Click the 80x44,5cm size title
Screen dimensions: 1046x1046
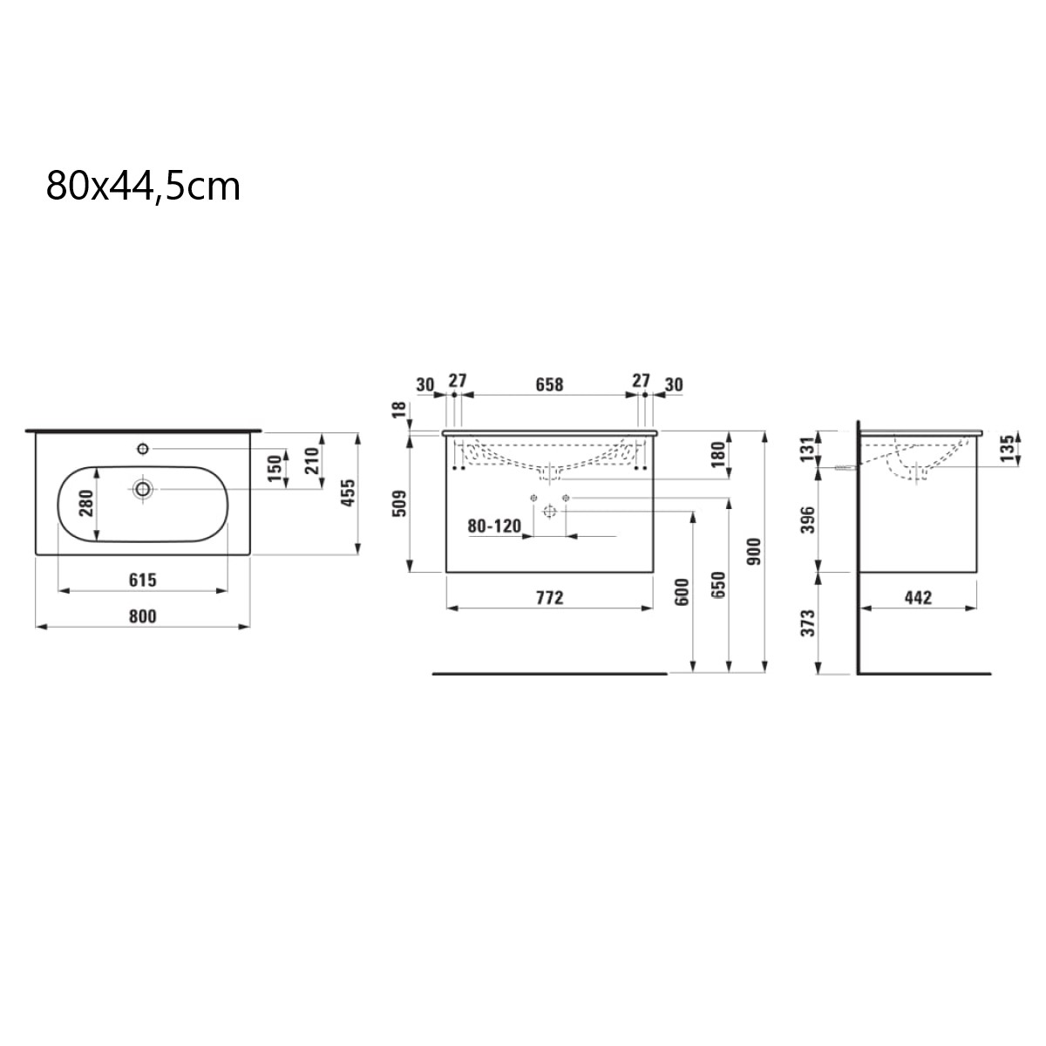(143, 187)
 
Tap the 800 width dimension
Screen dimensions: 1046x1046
(143, 616)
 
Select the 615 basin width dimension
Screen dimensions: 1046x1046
(143, 581)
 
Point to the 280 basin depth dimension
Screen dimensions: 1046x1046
(87, 503)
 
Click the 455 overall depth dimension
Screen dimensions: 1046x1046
(348, 492)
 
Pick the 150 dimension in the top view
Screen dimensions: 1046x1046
(275, 468)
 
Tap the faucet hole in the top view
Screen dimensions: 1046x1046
(143, 449)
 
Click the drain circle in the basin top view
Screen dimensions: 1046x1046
(143, 489)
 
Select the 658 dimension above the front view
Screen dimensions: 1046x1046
(549, 384)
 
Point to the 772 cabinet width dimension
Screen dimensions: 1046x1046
(550, 598)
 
